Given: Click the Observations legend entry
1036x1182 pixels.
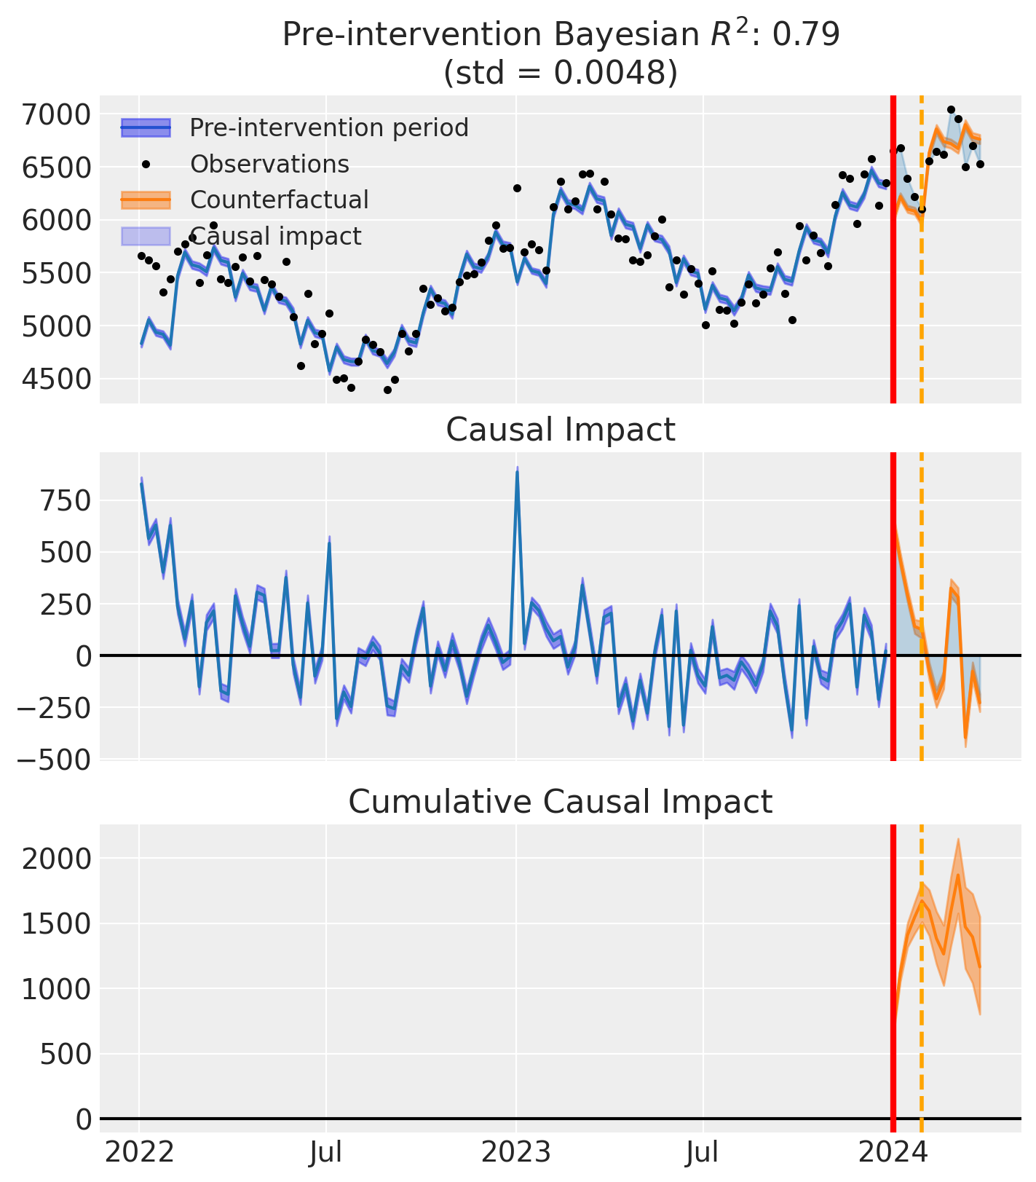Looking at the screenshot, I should [x=269, y=164].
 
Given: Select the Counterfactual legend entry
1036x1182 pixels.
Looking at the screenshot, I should [x=279, y=200].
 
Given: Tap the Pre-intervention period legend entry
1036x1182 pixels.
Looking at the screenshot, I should [x=328, y=128].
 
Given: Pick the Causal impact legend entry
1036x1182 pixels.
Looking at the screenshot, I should [x=275, y=236].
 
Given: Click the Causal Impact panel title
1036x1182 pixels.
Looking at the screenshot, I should [x=560, y=430].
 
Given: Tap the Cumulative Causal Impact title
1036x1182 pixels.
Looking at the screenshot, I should [x=560, y=802].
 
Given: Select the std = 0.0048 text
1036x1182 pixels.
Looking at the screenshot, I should [x=560, y=73].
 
